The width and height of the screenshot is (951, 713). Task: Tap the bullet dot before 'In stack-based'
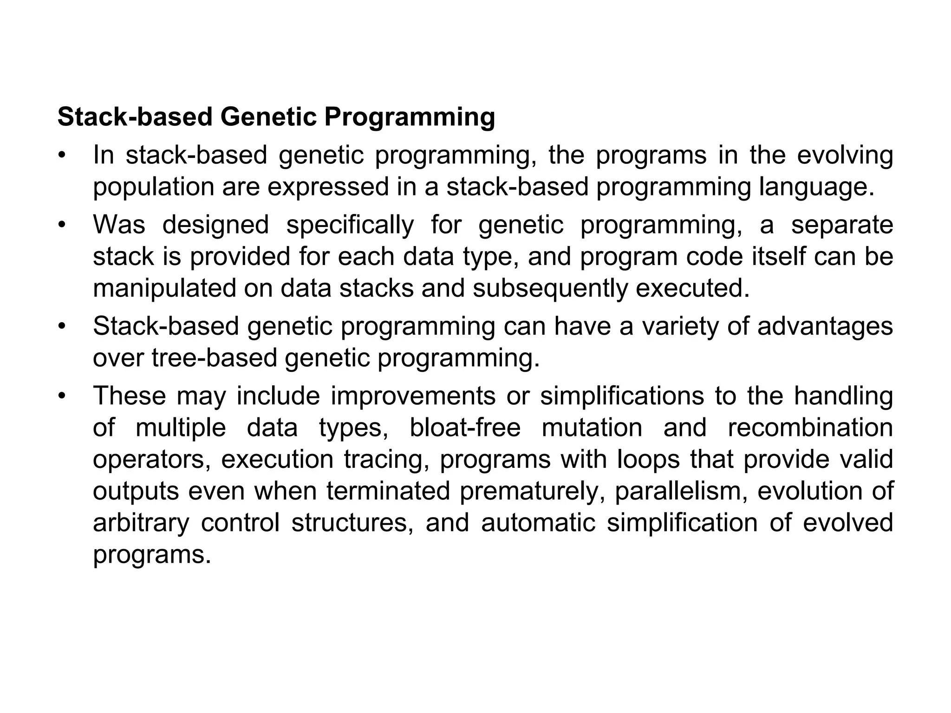(x=61, y=156)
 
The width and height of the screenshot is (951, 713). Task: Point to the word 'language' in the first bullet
(x=816, y=187)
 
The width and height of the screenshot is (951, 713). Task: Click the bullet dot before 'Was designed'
(x=61, y=225)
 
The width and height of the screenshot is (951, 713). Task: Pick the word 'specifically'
(x=350, y=225)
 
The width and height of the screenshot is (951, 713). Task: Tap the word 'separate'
(x=842, y=225)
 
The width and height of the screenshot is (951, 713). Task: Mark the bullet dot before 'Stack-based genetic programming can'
(x=61, y=326)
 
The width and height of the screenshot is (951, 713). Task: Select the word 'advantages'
(x=825, y=326)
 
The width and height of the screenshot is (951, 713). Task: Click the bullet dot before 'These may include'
(x=61, y=396)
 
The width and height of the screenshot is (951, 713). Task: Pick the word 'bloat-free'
(x=465, y=428)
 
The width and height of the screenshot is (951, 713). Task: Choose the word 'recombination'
(x=810, y=428)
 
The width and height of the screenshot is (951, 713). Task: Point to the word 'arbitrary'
(x=141, y=523)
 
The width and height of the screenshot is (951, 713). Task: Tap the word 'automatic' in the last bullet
(x=538, y=523)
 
